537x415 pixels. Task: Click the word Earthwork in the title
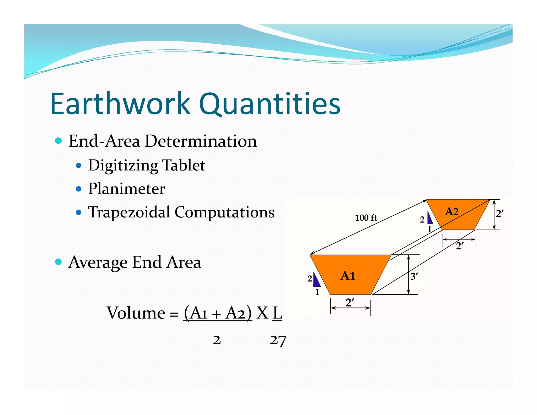[x=120, y=104]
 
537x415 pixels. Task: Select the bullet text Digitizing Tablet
[x=146, y=165]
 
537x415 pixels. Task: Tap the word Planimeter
[x=126, y=189]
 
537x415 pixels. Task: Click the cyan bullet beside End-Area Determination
[x=58, y=141]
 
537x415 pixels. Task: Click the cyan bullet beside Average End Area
[x=58, y=262]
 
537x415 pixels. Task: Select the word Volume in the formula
[x=136, y=313]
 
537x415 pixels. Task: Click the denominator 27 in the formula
[x=278, y=340]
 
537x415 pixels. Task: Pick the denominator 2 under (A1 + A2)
[x=217, y=340]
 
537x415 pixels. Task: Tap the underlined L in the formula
[x=277, y=313]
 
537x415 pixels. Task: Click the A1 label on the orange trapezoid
[x=348, y=276]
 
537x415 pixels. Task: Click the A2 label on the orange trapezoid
[x=452, y=211]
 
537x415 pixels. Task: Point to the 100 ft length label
[x=366, y=218]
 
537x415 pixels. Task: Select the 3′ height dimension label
[x=414, y=276]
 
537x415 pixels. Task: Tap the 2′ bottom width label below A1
[x=350, y=303]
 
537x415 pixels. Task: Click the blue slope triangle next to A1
[x=316, y=280]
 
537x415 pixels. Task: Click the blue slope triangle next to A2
[x=429, y=218]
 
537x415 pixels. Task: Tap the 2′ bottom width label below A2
[x=460, y=246]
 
